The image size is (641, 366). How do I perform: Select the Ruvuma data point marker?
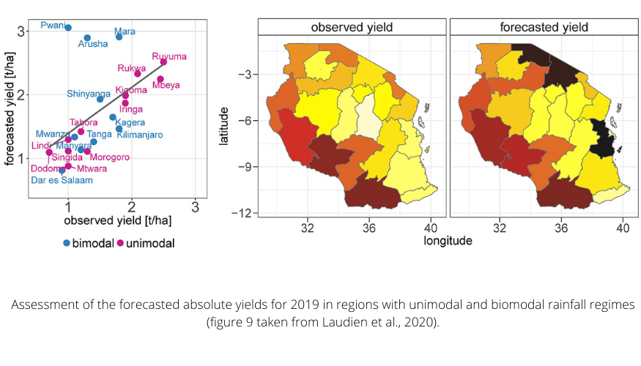(163, 62)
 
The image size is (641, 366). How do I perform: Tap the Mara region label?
(125, 31)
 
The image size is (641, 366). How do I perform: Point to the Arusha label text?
(93, 45)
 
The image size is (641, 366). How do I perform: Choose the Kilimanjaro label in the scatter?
(139, 135)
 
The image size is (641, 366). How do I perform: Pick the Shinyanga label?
(89, 94)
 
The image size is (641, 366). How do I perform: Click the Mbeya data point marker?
(160, 79)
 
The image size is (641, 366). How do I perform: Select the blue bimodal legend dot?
(67, 242)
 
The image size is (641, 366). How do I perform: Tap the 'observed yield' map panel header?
(352, 27)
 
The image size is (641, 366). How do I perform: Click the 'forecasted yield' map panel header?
(544, 27)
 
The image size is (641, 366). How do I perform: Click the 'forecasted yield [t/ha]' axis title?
(11, 110)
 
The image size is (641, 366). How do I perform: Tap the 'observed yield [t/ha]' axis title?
(117, 220)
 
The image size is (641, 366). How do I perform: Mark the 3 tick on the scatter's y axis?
(23, 31)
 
